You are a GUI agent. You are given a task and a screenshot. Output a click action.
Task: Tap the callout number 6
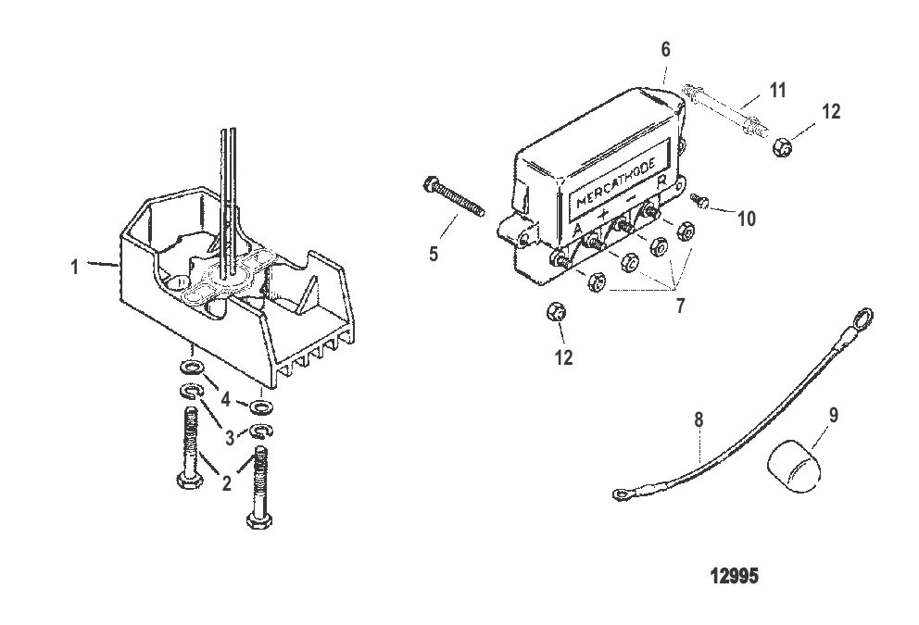coord(665,49)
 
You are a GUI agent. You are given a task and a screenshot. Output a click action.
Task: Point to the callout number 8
coord(699,419)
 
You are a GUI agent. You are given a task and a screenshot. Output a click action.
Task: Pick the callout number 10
coord(747,219)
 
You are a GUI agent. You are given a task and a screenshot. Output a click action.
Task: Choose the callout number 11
coord(778,90)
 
